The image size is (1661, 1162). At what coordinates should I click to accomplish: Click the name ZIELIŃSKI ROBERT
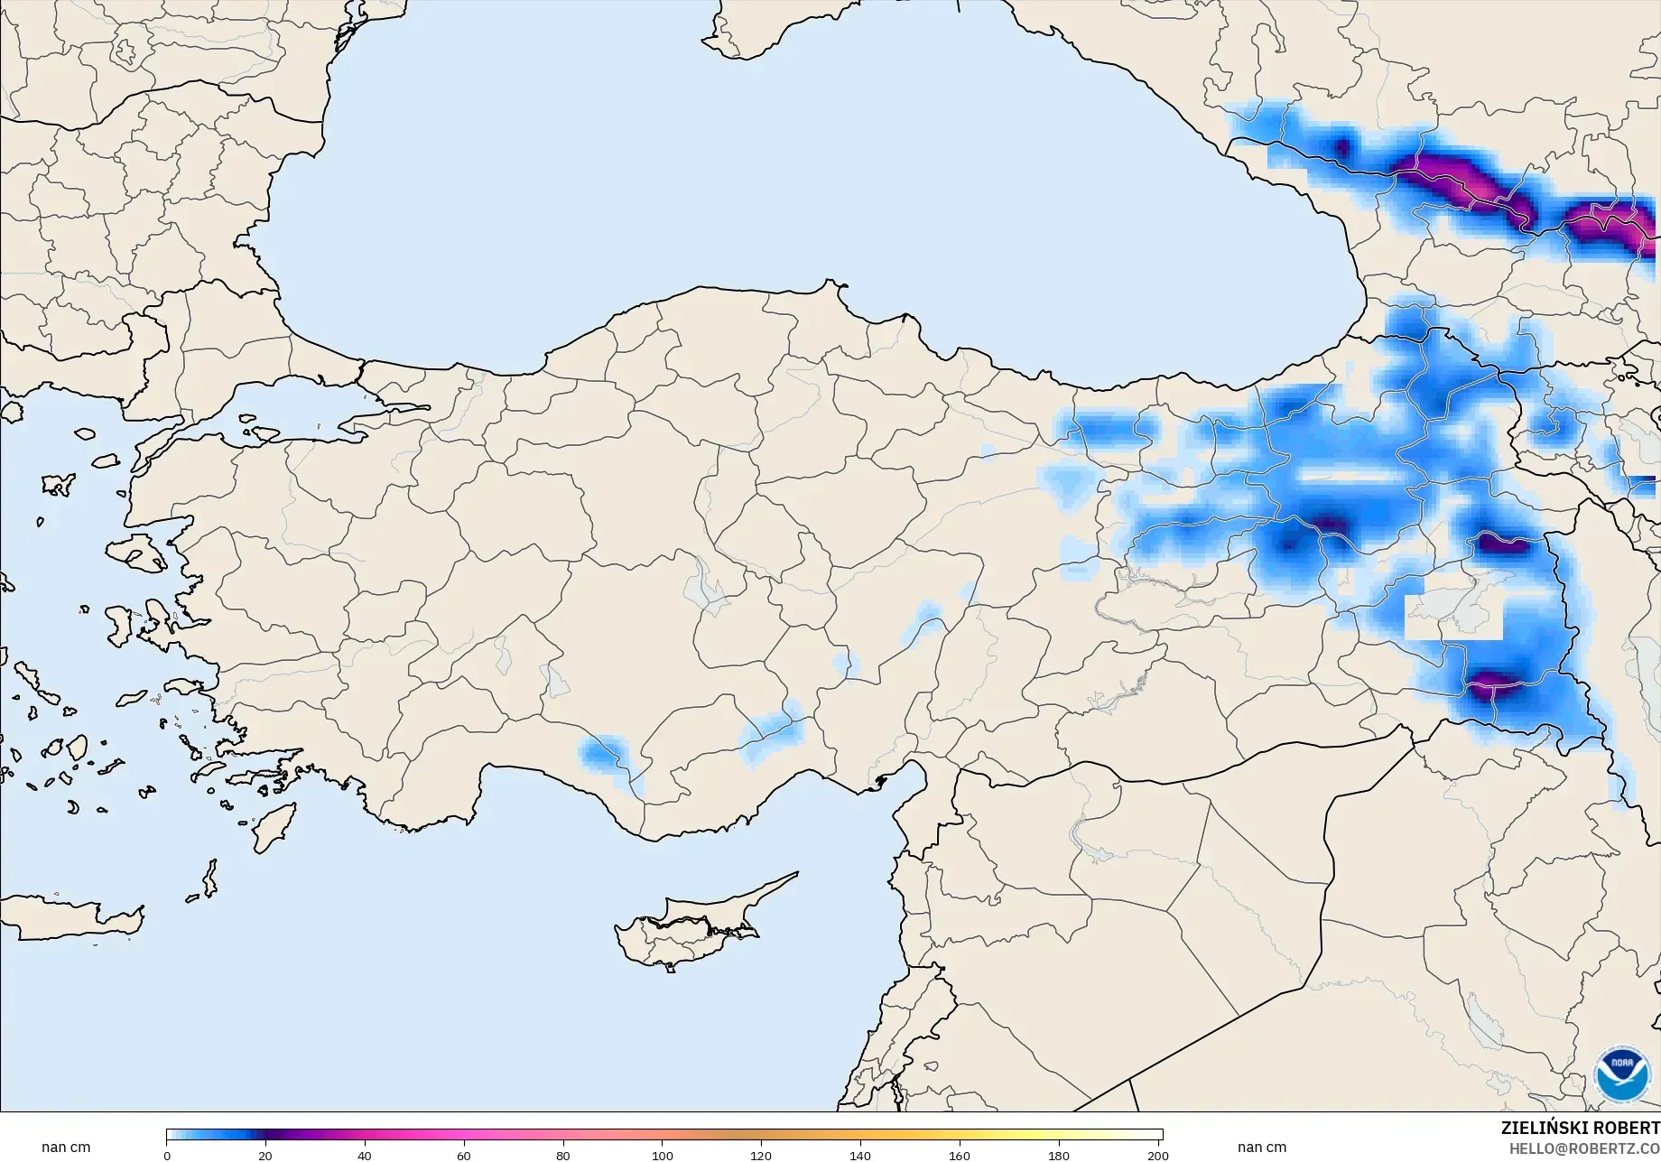(1580, 1128)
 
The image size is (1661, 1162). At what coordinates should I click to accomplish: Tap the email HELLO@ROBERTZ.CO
(1585, 1148)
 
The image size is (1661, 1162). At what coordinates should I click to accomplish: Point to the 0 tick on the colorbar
(167, 1155)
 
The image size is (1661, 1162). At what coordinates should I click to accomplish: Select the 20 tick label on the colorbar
(265, 1155)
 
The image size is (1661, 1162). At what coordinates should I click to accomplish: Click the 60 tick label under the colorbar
(464, 1155)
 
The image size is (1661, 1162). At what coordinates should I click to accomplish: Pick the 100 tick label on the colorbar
(663, 1155)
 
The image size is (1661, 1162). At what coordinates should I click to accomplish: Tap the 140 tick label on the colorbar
(860, 1155)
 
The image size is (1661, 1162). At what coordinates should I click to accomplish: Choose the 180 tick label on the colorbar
(1059, 1155)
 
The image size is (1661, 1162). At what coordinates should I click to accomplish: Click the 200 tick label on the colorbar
(1157, 1155)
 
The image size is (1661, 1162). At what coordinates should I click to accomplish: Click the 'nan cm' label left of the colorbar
(66, 1148)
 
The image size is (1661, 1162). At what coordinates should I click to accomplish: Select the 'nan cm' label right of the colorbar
(1262, 1148)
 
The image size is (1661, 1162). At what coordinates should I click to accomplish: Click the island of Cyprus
(686, 930)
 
